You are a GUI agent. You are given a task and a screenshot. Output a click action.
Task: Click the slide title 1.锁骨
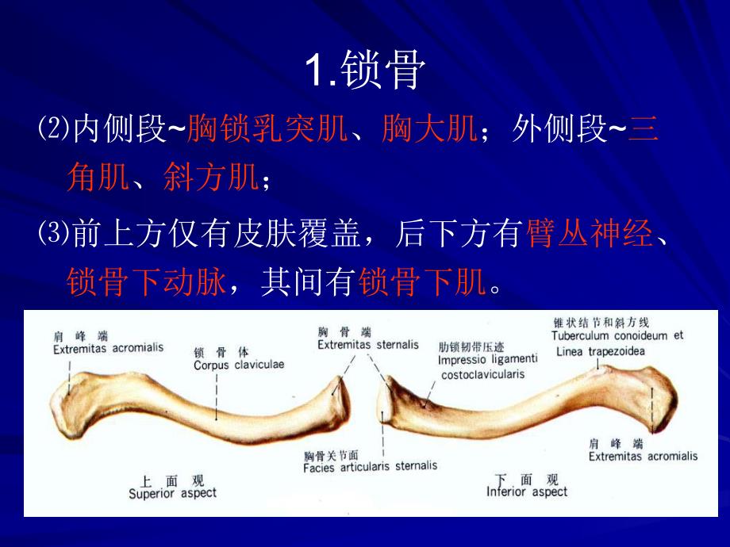(x=366, y=72)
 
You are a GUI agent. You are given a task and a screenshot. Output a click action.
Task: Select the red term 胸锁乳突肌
(x=268, y=129)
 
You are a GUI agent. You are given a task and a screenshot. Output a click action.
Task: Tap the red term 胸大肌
(x=428, y=129)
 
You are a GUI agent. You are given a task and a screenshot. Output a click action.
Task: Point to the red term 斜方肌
(x=211, y=178)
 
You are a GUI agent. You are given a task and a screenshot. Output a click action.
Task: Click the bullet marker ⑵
(x=53, y=129)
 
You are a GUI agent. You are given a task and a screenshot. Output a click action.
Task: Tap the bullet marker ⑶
(x=53, y=235)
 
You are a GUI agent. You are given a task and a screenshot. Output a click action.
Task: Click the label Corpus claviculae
(x=239, y=365)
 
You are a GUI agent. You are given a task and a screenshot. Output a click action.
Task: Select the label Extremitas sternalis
(x=367, y=345)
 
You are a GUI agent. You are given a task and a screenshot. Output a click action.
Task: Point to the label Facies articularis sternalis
(x=370, y=467)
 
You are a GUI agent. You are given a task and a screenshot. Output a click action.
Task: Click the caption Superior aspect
(x=172, y=493)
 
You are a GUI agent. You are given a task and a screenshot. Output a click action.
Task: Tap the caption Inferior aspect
(x=527, y=492)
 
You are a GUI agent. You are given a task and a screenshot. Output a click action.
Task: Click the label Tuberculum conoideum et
(x=617, y=335)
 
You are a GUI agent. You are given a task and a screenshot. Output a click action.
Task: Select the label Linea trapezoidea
(x=601, y=351)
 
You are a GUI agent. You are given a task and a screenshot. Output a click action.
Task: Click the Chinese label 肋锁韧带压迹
(x=471, y=346)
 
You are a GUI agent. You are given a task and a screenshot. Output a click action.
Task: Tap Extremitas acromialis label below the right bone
(x=643, y=456)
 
